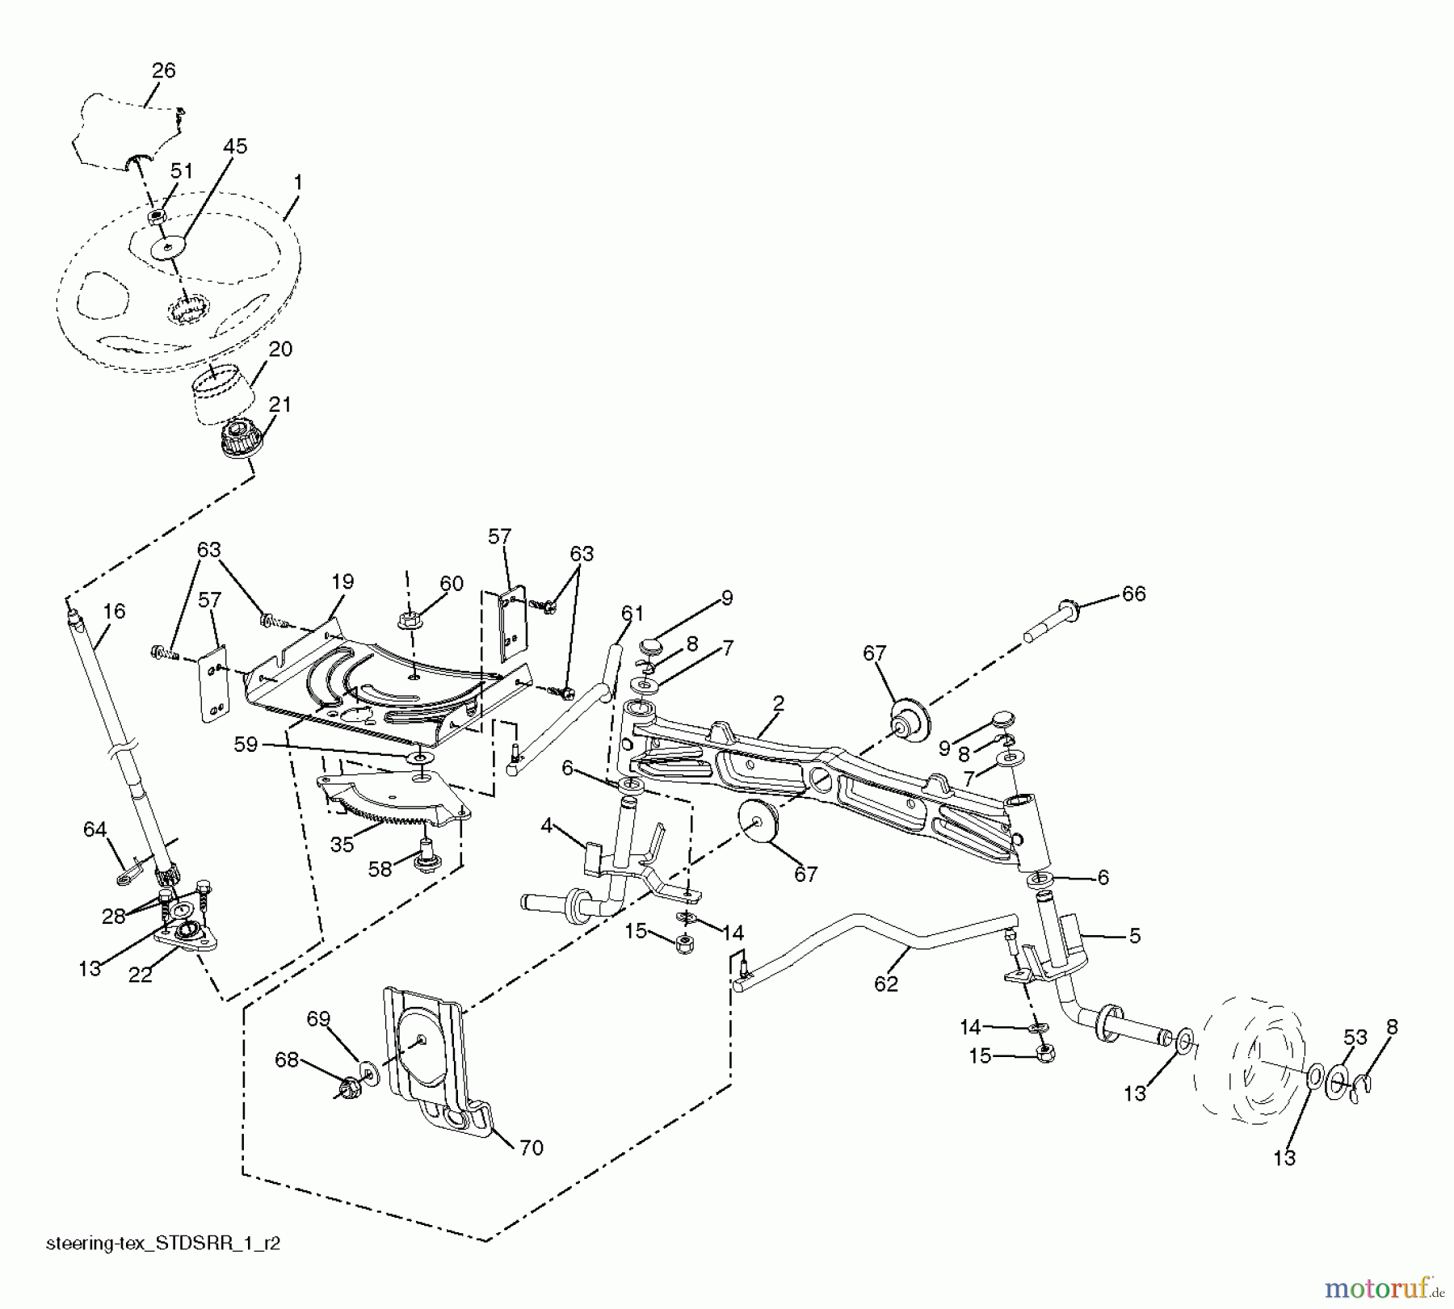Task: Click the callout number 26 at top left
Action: [x=163, y=70]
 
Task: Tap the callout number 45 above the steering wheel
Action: [x=235, y=146]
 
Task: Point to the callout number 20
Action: [x=280, y=349]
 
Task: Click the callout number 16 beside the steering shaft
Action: [x=114, y=611]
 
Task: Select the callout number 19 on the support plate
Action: [x=342, y=581]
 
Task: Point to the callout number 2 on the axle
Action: [x=778, y=703]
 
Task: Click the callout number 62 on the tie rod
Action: [x=886, y=983]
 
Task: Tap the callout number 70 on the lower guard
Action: [x=531, y=1147]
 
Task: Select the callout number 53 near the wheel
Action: [x=1355, y=1038]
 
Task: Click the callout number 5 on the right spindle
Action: [x=1134, y=935]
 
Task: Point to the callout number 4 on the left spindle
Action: [x=547, y=826]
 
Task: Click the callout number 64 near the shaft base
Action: [x=95, y=829]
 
